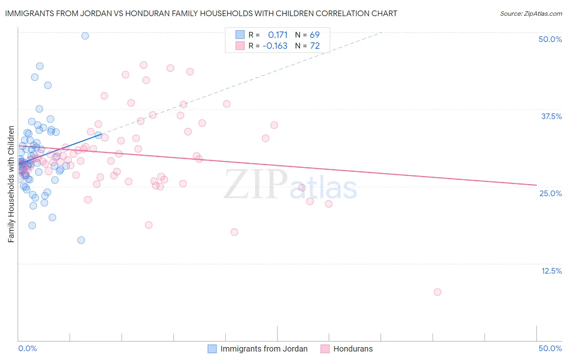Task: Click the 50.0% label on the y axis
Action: click(x=550, y=39)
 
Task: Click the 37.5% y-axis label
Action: click(x=551, y=116)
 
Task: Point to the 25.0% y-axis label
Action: click(x=550, y=193)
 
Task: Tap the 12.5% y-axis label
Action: click(x=551, y=271)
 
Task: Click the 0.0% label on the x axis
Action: click(x=27, y=348)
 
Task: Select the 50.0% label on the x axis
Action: click(x=550, y=348)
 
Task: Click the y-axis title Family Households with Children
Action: click(x=11, y=184)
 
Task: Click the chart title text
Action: click(x=201, y=13)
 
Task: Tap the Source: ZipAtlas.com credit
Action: click(x=531, y=13)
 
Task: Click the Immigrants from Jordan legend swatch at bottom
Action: click(x=212, y=349)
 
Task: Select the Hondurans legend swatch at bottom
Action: click(x=325, y=349)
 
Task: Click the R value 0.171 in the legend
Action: click(x=277, y=35)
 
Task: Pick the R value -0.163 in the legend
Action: click(x=275, y=46)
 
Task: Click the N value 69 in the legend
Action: click(x=315, y=35)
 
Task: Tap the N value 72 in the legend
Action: click(x=315, y=46)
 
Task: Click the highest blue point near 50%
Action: click(x=85, y=36)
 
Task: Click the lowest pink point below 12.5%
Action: click(x=438, y=292)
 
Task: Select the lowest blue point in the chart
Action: click(x=81, y=240)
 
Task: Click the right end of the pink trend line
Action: click(x=536, y=185)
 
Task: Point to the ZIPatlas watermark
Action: click(x=290, y=185)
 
